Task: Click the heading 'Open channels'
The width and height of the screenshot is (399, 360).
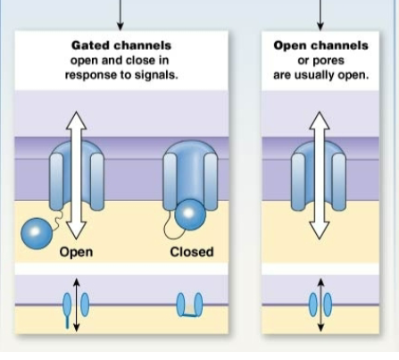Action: click(x=319, y=44)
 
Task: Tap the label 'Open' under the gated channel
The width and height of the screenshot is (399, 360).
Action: click(x=77, y=252)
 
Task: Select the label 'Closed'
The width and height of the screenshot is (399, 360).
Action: click(x=192, y=252)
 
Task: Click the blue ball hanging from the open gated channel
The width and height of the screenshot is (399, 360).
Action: click(x=37, y=233)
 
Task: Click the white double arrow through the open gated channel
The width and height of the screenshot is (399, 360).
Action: click(x=77, y=179)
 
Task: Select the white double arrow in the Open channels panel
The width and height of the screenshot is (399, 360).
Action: click(x=319, y=179)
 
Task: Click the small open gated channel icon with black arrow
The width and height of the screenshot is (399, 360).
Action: click(x=77, y=304)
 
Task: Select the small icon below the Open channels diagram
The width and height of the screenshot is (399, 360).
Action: click(x=319, y=304)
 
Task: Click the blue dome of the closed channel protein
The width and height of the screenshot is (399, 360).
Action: click(x=190, y=165)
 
